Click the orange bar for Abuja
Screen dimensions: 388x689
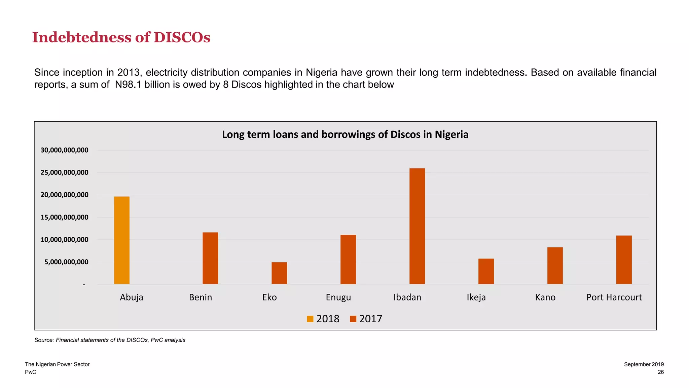(x=121, y=240)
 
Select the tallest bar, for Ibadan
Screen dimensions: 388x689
(x=417, y=226)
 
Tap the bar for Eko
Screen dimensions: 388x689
(x=279, y=273)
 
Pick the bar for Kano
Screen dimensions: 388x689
(x=555, y=266)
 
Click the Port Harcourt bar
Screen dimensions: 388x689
(x=624, y=260)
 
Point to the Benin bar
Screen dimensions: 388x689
(x=210, y=258)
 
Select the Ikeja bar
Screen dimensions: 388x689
(x=486, y=271)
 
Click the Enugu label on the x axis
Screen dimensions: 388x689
(x=338, y=297)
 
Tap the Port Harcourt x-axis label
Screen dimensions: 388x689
(x=614, y=297)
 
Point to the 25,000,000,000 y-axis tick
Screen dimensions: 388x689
(x=65, y=172)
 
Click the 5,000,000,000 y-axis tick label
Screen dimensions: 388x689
(x=66, y=262)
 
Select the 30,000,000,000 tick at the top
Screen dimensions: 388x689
(x=65, y=150)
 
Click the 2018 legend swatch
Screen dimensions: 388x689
(x=310, y=319)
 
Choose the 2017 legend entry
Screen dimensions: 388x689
(x=366, y=319)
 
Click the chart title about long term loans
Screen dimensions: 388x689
(x=345, y=134)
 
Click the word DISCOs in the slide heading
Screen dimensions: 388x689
(x=182, y=37)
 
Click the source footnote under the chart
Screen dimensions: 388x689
(x=110, y=340)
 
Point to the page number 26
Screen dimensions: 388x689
(x=660, y=372)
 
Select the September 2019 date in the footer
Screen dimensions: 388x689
(x=644, y=364)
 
